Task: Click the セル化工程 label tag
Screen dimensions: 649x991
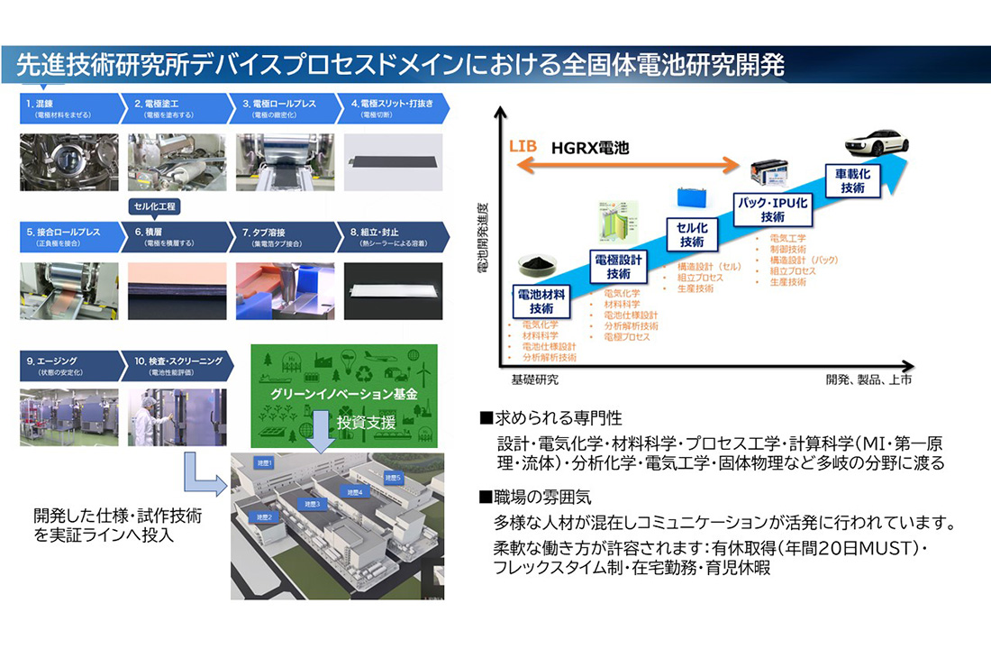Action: pyautogui.click(x=155, y=206)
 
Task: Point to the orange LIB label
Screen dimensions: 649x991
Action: pyautogui.click(x=523, y=145)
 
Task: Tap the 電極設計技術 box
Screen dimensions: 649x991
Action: pyautogui.click(x=619, y=267)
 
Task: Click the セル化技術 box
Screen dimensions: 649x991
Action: pyautogui.click(x=692, y=235)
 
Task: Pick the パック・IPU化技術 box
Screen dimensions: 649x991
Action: pyautogui.click(x=772, y=210)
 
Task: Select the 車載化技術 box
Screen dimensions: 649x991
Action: pyautogui.click(x=852, y=181)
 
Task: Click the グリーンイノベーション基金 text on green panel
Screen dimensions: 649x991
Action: pyautogui.click(x=344, y=394)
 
